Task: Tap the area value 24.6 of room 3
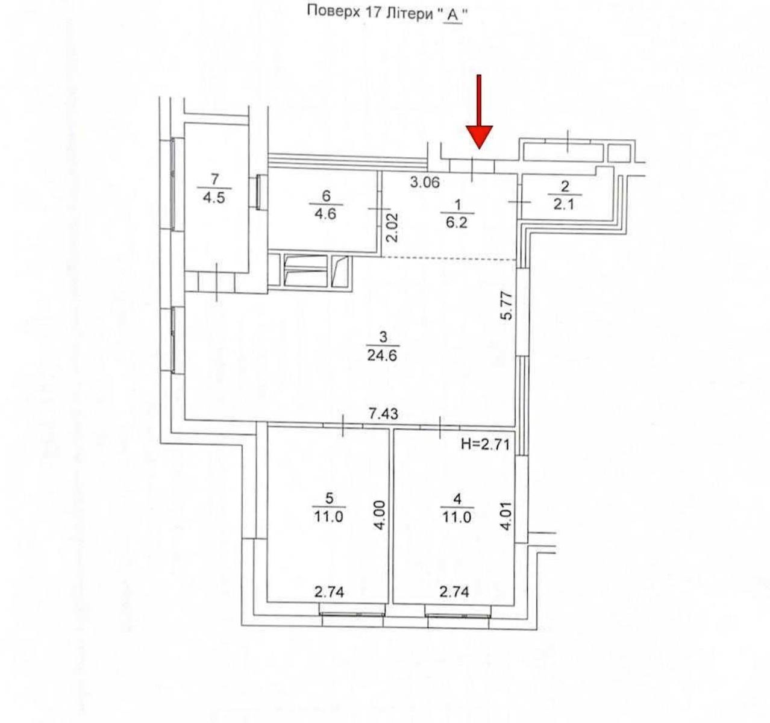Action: (x=382, y=355)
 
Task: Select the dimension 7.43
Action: (x=383, y=415)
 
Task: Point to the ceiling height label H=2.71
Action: (x=484, y=444)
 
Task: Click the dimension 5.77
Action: (x=507, y=306)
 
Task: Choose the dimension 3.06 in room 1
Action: (x=425, y=182)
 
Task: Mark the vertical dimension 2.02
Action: (x=392, y=228)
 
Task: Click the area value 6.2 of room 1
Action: (x=457, y=223)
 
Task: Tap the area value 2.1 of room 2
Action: (x=564, y=204)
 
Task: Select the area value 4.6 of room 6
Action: (x=325, y=214)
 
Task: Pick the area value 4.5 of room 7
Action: (x=214, y=198)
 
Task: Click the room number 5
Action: (x=329, y=498)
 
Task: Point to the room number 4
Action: (x=457, y=499)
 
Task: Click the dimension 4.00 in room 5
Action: (x=380, y=515)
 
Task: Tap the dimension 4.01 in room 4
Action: (x=507, y=516)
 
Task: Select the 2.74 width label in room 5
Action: (x=329, y=592)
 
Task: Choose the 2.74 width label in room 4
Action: (x=454, y=592)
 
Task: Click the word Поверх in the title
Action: (x=334, y=13)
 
